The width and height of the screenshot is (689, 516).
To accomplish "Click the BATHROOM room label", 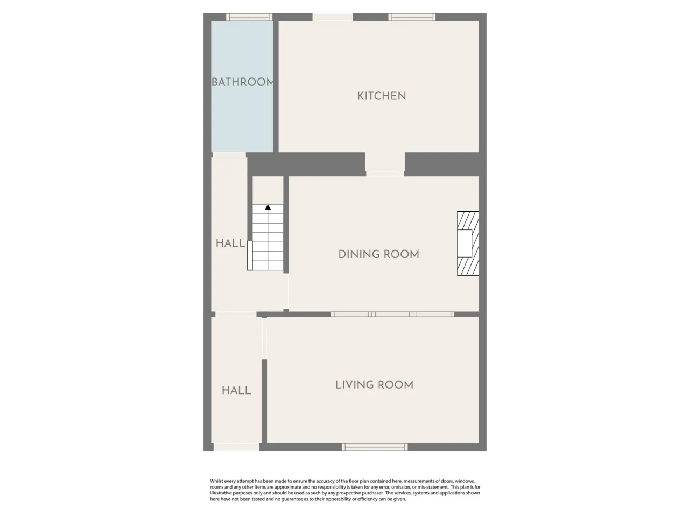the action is (x=242, y=82).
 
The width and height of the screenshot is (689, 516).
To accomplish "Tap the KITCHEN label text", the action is (x=382, y=96).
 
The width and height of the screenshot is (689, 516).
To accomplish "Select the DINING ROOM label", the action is (x=378, y=254).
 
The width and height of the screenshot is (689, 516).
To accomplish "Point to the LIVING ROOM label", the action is (x=374, y=385).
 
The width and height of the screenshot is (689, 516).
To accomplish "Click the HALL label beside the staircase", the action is (x=230, y=243).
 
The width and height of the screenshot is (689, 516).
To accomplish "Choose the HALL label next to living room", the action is (x=236, y=390).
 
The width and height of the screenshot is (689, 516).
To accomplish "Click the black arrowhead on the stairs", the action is (x=268, y=207).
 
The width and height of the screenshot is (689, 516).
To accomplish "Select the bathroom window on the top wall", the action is (x=249, y=17).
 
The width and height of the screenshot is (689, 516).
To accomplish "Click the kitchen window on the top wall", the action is (x=412, y=17).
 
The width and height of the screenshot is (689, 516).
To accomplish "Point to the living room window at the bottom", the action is (x=375, y=447).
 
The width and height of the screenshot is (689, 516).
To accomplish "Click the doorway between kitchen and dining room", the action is (x=385, y=164).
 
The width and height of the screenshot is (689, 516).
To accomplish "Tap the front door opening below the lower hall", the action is (x=236, y=447).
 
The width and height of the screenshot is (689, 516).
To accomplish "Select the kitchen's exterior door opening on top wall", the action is (x=333, y=17).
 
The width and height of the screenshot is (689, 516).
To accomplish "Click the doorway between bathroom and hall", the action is (x=229, y=155).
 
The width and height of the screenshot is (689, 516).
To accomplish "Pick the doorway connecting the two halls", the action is (x=236, y=314).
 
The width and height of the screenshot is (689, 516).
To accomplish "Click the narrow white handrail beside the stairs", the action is (x=250, y=255).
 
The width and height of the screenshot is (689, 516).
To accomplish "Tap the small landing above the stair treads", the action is (x=268, y=190).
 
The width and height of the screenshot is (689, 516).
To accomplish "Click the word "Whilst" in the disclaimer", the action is (x=216, y=481).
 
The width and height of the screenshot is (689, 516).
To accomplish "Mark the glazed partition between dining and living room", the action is (x=392, y=314).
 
